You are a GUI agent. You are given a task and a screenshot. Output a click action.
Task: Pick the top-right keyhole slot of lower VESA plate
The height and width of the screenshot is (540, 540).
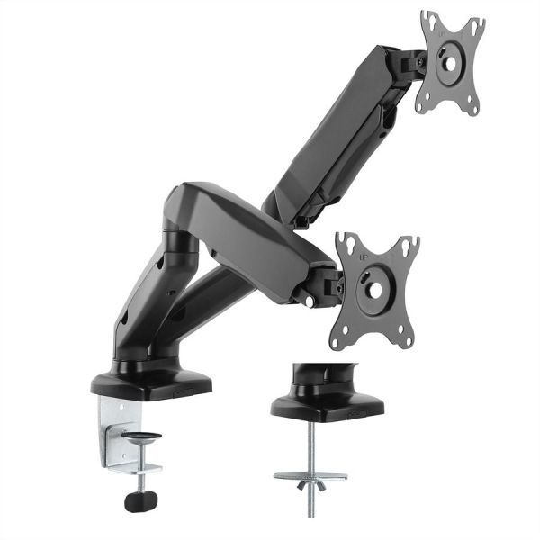(410, 245)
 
